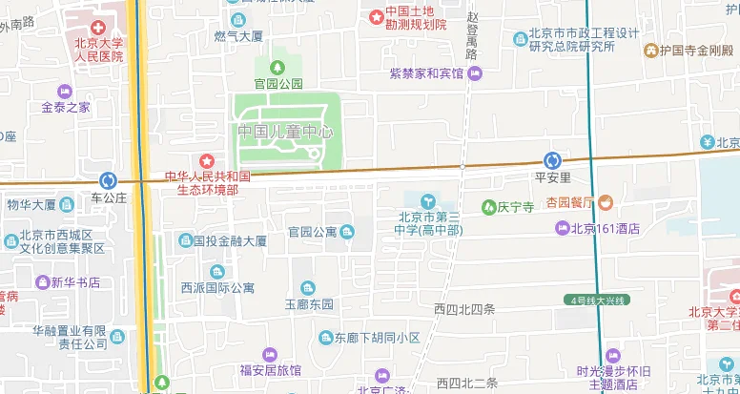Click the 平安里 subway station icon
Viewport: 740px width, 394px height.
(552, 160)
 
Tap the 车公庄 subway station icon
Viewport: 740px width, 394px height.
(108, 180)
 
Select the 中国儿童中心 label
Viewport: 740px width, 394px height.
(285, 132)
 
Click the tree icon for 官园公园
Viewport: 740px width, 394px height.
(277, 67)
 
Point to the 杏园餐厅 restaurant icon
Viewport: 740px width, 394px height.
(606, 202)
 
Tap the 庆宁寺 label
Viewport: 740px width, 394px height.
(515, 206)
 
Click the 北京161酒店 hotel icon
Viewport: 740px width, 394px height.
(563, 228)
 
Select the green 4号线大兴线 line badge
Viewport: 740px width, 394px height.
(596, 301)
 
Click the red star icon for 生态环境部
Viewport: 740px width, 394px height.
(206, 160)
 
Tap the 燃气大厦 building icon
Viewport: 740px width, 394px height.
(237, 20)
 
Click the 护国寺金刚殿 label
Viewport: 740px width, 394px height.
(695, 50)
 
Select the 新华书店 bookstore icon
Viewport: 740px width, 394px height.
(42, 282)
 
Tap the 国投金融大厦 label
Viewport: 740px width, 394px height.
(230, 241)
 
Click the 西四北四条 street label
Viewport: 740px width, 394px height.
(464, 309)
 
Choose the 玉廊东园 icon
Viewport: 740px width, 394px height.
(308, 288)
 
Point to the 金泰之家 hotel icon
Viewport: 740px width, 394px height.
(65, 91)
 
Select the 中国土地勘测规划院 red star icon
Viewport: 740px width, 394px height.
(377, 15)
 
